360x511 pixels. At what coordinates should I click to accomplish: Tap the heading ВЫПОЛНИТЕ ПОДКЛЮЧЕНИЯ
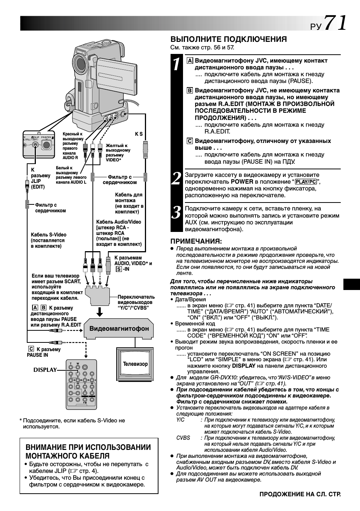coord(228,39)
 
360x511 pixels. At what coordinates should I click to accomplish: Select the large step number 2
coord(176,178)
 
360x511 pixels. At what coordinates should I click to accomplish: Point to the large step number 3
coord(176,213)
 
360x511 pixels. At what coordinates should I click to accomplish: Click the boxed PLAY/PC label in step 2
coord(306,182)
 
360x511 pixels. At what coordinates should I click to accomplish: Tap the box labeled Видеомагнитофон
coord(119,328)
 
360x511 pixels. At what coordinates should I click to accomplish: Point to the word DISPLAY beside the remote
coord(45,370)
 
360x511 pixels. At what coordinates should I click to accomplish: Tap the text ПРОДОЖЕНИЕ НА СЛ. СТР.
coord(300,494)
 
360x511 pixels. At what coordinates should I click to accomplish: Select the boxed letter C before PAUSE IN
coord(31,349)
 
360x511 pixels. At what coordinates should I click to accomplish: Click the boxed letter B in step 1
coord(190,91)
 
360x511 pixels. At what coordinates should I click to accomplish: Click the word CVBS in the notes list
coord(183,438)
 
